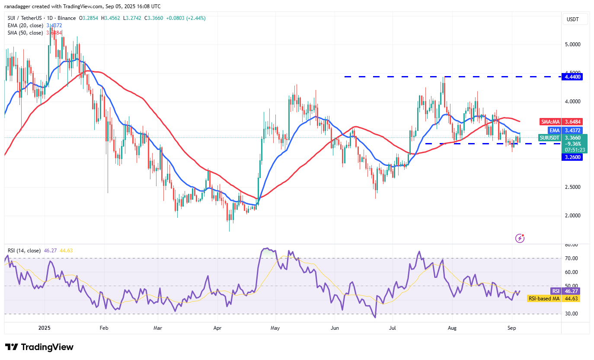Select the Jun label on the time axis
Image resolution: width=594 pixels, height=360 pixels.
click(334, 328)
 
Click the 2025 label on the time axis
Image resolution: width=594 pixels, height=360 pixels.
click(45, 328)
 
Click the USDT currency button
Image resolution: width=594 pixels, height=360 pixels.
click(575, 19)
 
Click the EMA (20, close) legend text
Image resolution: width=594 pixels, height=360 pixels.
click(26, 25)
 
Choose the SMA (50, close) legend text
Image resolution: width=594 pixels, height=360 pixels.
click(26, 33)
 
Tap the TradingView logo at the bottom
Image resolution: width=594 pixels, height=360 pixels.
click(39, 347)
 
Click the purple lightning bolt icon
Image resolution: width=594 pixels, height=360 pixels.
click(520, 238)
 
